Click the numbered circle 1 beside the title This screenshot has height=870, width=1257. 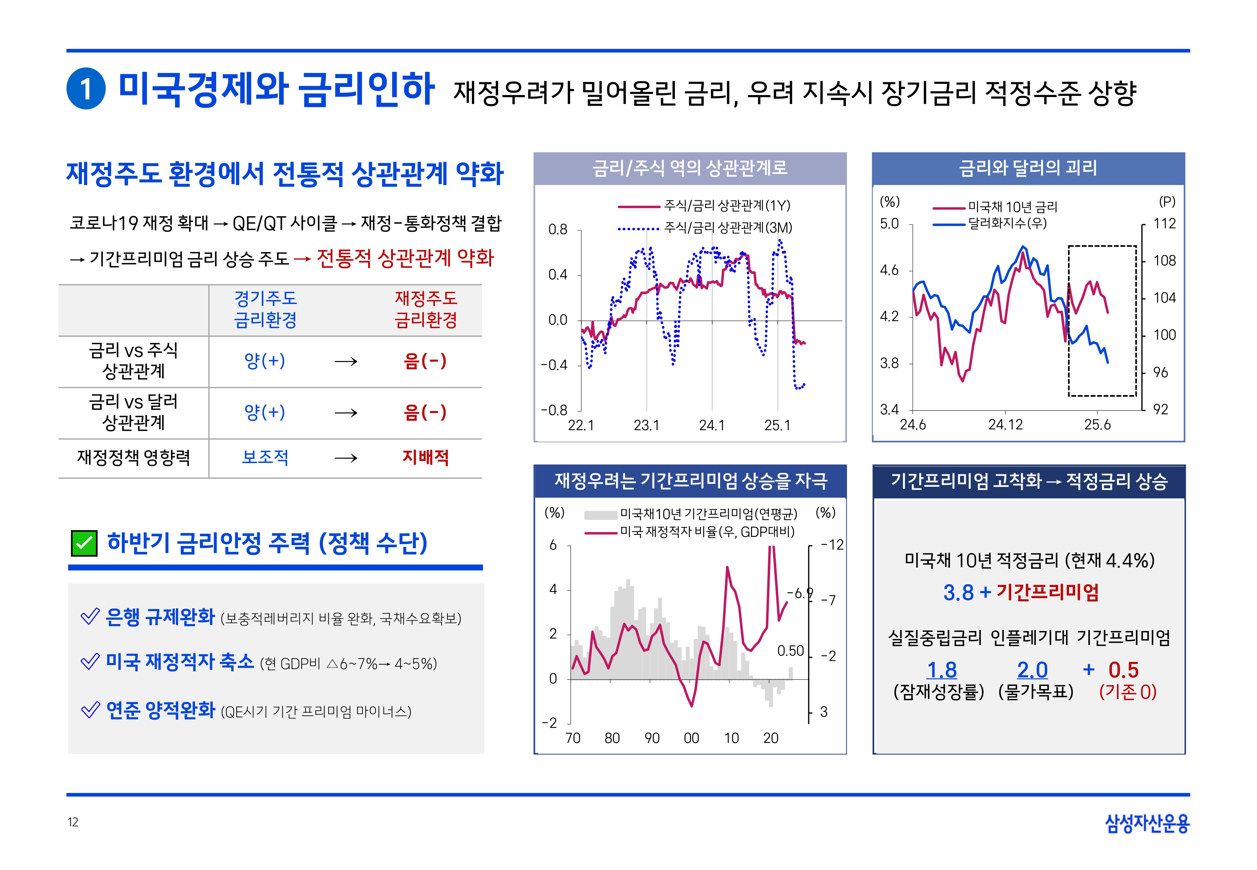point(85,89)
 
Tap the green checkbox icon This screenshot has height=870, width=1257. point(84,543)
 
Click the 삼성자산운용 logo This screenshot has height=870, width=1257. point(1146,823)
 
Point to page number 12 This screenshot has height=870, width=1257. point(73,822)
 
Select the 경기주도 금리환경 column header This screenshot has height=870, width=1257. point(265,309)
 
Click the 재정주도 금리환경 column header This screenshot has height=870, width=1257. point(426,309)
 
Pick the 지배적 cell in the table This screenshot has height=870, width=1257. point(426,457)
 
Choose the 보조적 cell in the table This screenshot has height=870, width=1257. point(265,457)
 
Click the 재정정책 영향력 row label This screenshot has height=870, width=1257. point(133,457)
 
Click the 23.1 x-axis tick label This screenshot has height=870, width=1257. point(647,425)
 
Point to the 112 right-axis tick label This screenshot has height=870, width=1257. point(1164,223)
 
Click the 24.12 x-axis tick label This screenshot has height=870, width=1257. point(1005,425)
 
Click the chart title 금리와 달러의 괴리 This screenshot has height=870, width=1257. point(1028,168)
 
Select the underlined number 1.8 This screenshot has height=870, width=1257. point(942,670)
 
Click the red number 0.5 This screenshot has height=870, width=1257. point(1124,670)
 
